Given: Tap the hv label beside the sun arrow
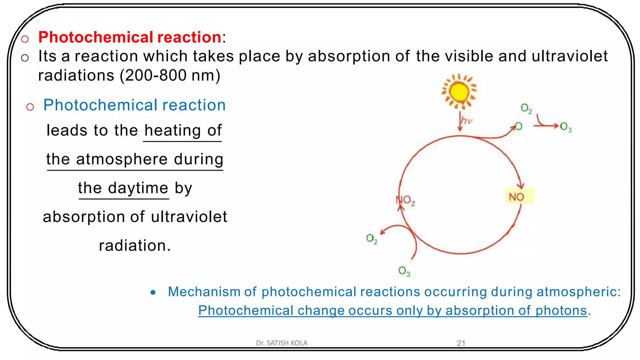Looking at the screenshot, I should click(467, 121).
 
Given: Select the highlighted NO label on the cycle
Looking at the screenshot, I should click(517, 197).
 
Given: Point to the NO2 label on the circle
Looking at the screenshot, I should click(406, 200).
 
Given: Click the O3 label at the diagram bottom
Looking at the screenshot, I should click(404, 271).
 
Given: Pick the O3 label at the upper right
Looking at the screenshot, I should click(566, 127).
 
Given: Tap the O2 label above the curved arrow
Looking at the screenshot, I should click(526, 108).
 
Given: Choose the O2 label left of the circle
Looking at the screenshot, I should click(372, 239).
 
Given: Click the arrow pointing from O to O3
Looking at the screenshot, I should click(546, 126).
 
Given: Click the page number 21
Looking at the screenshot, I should click(461, 343).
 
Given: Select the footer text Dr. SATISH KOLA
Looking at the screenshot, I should click(282, 343).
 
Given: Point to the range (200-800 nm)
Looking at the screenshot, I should click(170, 75).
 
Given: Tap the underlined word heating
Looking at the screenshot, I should click(172, 130).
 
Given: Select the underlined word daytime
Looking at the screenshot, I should click(138, 188).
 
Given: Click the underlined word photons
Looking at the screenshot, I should click(561, 311).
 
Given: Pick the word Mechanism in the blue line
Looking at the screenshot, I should click(204, 292).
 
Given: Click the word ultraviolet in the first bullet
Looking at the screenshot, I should click(569, 56).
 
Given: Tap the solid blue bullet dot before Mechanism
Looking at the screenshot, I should click(153, 292).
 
